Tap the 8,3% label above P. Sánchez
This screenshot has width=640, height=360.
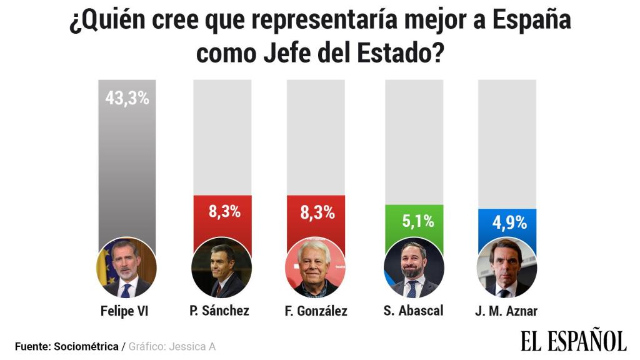click(x=224, y=211)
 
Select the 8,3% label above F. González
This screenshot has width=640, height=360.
click(x=317, y=212)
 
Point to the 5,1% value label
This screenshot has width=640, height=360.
click(x=414, y=221)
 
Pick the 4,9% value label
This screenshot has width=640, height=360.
click(x=507, y=222)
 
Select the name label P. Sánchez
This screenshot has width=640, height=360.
click(x=219, y=311)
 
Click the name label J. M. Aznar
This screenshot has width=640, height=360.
click(x=506, y=311)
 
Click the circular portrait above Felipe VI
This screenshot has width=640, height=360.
click(x=126, y=268)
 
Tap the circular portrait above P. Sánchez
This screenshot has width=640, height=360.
click(x=221, y=268)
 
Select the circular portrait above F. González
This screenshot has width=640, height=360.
click(x=315, y=268)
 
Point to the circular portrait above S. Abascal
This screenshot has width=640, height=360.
click(x=413, y=268)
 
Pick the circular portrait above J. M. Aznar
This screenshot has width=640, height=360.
click(x=506, y=268)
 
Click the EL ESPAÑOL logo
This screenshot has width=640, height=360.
click(x=573, y=341)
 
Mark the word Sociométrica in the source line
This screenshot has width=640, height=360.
click(x=86, y=346)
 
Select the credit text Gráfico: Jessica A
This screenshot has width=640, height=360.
click(x=172, y=346)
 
